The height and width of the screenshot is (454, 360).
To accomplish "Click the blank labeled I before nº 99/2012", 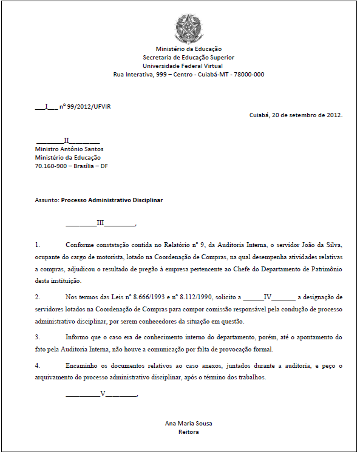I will pos(47,106).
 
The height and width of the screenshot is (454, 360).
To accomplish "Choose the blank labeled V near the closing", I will pos(103,394).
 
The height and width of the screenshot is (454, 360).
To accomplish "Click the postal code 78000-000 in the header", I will pos(249,75).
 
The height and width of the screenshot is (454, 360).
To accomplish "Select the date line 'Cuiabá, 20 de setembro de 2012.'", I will pos(296,115).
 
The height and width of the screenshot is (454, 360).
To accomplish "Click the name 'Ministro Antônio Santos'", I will pos(69,149).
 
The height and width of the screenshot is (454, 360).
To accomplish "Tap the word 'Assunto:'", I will pos(47,200).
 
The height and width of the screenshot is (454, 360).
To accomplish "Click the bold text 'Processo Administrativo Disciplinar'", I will pos(112,200).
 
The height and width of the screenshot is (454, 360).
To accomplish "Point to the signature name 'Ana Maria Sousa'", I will pos(188,423).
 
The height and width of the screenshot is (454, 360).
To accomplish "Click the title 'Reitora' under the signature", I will pos(188,432).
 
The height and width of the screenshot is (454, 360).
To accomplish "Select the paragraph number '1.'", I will pos(38,245).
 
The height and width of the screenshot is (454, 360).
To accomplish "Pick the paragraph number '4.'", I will pos(38,366).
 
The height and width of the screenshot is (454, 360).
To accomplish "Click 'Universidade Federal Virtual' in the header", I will pos(183,66).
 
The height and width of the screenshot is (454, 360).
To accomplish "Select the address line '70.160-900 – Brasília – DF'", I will pos(72,166).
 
